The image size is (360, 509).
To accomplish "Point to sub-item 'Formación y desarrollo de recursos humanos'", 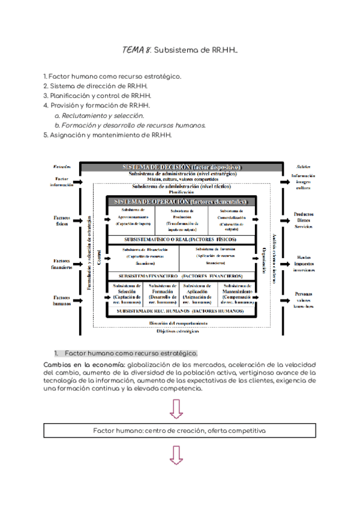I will [130, 125].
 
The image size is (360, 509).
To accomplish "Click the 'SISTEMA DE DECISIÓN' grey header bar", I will [181, 166].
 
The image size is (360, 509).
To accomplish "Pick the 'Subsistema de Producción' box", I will [182, 220].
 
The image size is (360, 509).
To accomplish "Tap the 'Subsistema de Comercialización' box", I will [232, 220].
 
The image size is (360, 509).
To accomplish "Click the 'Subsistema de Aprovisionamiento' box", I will [133, 220].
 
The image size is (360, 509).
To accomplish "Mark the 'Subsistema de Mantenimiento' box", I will [236, 294].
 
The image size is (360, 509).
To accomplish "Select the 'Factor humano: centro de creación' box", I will [179, 431].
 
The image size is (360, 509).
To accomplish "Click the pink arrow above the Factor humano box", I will [177, 409].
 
